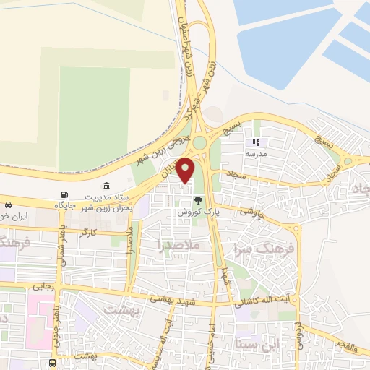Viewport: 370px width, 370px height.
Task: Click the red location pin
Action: click(186, 171)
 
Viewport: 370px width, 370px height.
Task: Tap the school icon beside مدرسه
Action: click(254, 144)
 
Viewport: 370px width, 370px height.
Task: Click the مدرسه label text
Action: click(254, 155)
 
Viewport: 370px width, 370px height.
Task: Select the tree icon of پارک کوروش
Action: click(198, 202)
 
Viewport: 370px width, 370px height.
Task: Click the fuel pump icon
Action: click(66, 194)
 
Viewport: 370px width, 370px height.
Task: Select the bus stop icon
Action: click(52, 363)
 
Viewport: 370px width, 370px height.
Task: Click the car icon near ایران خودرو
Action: click(7, 205)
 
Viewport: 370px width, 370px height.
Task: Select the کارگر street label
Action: click(88, 233)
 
